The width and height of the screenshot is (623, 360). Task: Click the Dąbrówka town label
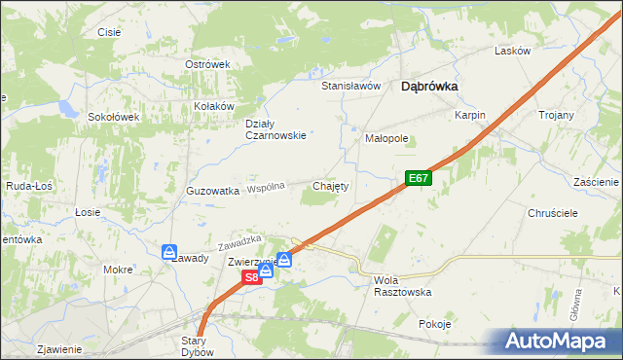[x=430, y=86]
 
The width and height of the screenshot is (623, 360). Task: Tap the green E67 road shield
[x=418, y=178]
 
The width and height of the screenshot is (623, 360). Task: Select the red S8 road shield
[x=251, y=277]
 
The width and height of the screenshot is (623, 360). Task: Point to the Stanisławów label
[x=350, y=86]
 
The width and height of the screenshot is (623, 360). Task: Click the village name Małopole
[x=386, y=138]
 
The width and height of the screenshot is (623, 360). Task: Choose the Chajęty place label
[x=330, y=185]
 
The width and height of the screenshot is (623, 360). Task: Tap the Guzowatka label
[x=212, y=192]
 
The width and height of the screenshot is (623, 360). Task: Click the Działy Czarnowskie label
[x=275, y=129]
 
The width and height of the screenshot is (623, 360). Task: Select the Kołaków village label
[x=215, y=106]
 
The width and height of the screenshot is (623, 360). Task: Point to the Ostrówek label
[x=206, y=64]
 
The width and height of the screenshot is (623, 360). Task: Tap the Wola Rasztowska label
[x=402, y=286]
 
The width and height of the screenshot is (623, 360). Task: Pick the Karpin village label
[x=469, y=115]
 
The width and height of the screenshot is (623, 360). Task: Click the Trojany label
[x=556, y=115]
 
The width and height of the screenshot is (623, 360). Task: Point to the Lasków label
[x=511, y=51]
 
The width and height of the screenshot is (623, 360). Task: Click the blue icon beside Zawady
[x=169, y=251]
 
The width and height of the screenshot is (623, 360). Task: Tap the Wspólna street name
[x=266, y=186]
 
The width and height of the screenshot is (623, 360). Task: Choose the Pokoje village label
[x=434, y=324]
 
